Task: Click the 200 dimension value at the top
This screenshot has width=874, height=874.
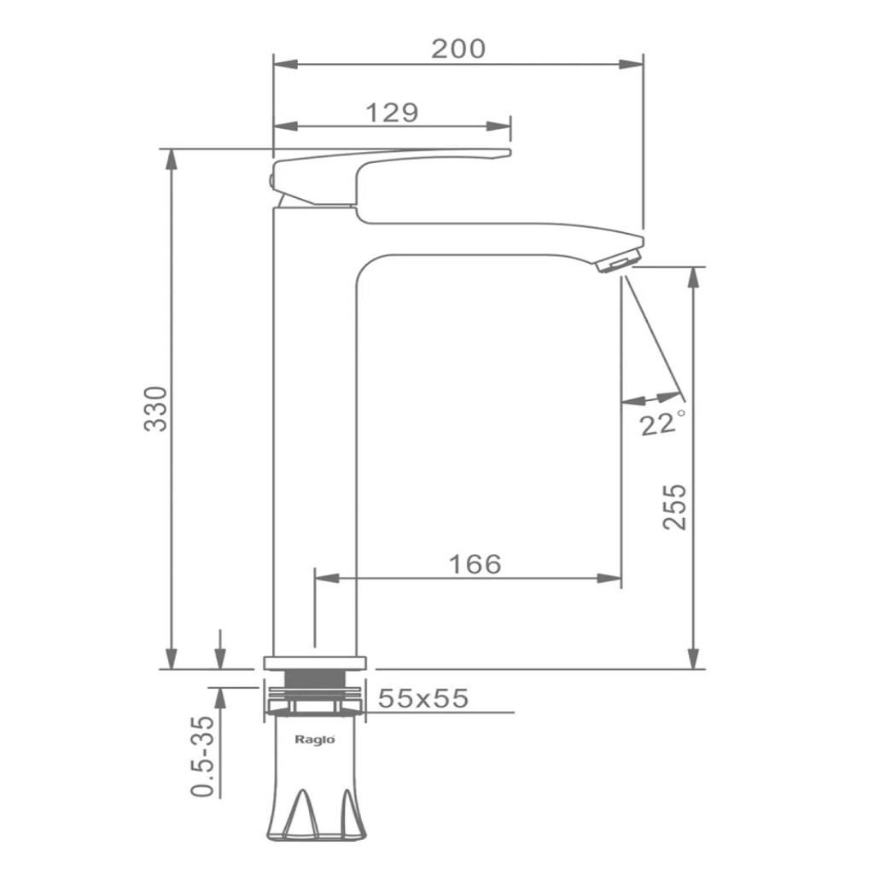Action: [458, 49]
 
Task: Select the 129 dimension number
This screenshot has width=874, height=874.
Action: [391, 113]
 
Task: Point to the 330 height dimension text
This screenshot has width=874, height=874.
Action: [156, 408]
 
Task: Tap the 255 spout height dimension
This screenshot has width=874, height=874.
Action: [674, 506]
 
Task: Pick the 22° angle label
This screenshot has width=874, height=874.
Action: [662, 422]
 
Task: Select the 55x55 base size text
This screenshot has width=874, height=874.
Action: [423, 698]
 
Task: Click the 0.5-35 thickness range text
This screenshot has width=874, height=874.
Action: [203, 756]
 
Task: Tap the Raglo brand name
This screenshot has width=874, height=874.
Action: [314, 740]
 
